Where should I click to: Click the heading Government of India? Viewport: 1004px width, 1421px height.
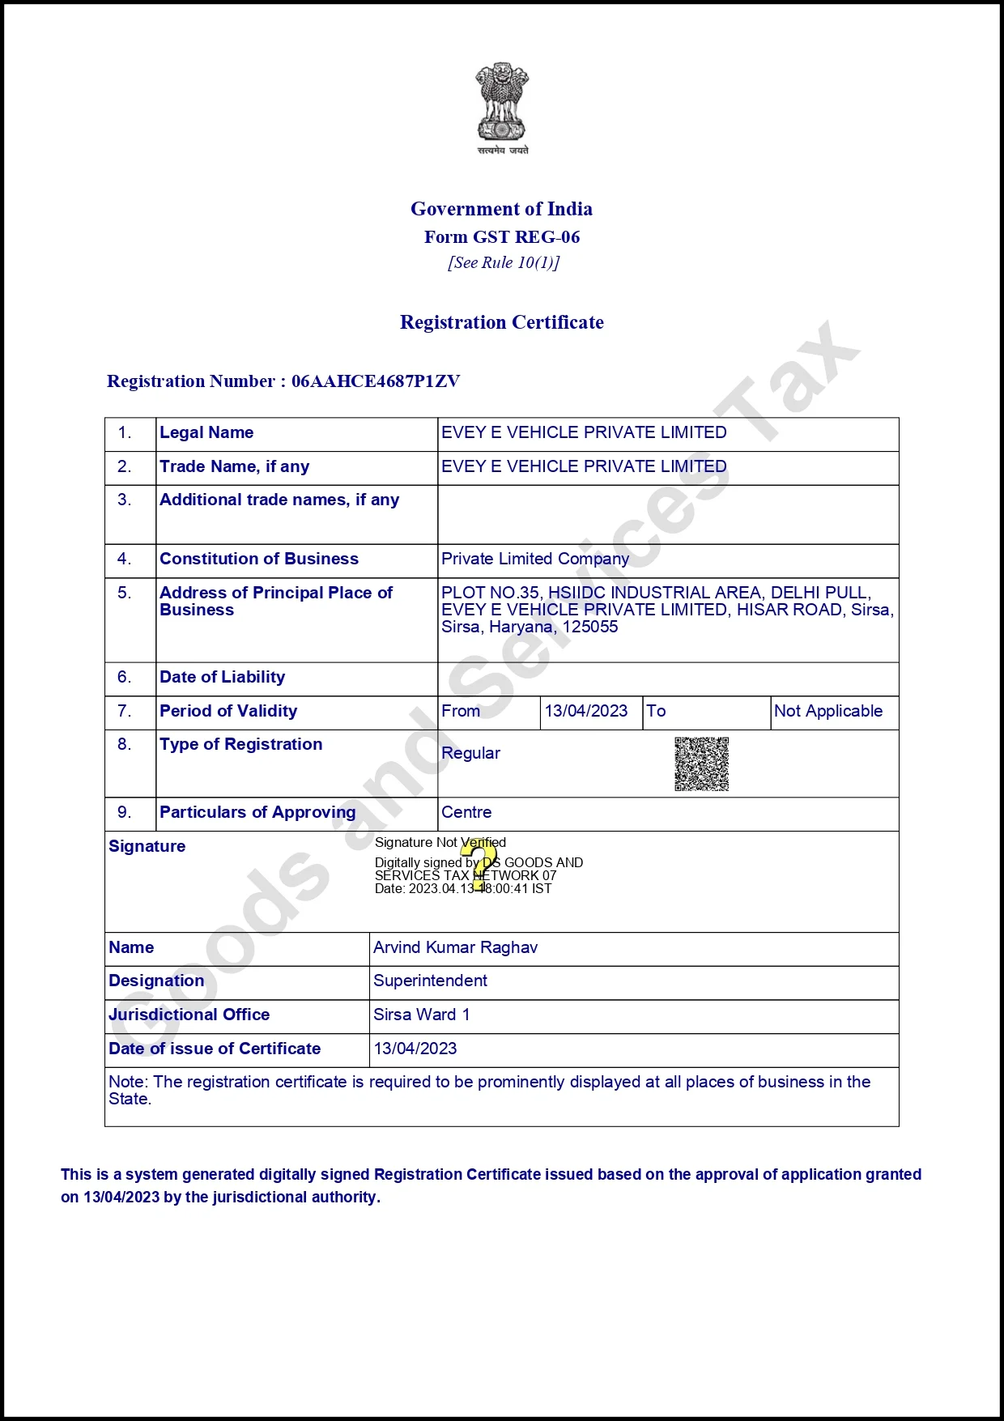tap(501, 209)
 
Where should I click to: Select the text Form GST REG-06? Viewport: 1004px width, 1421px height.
tap(502, 237)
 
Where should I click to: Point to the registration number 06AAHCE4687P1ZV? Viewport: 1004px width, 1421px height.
tap(376, 381)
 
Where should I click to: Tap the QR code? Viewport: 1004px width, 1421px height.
tap(702, 764)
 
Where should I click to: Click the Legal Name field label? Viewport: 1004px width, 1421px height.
tap(206, 432)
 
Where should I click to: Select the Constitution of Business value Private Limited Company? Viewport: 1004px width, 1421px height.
tap(535, 559)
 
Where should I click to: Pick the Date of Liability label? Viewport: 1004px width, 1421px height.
tap(223, 677)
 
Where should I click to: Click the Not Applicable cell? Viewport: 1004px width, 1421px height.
tap(828, 711)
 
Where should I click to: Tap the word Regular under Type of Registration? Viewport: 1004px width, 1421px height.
tap(470, 753)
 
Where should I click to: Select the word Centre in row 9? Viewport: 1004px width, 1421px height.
tap(466, 812)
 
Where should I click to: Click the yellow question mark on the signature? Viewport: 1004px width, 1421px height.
tap(479, 865)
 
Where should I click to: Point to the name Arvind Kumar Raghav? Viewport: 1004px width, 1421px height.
tap(455, 947)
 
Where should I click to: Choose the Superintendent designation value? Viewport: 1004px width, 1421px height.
tap(430, 981)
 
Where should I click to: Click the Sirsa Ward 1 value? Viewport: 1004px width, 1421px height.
tap(421, 1015)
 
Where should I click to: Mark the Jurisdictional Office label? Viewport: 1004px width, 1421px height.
tap(189, 1015)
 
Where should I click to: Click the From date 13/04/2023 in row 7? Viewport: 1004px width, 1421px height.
tap(586, 711)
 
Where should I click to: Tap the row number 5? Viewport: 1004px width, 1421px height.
tap(124, 593)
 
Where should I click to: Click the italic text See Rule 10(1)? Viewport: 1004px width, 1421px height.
tap(503, 262)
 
